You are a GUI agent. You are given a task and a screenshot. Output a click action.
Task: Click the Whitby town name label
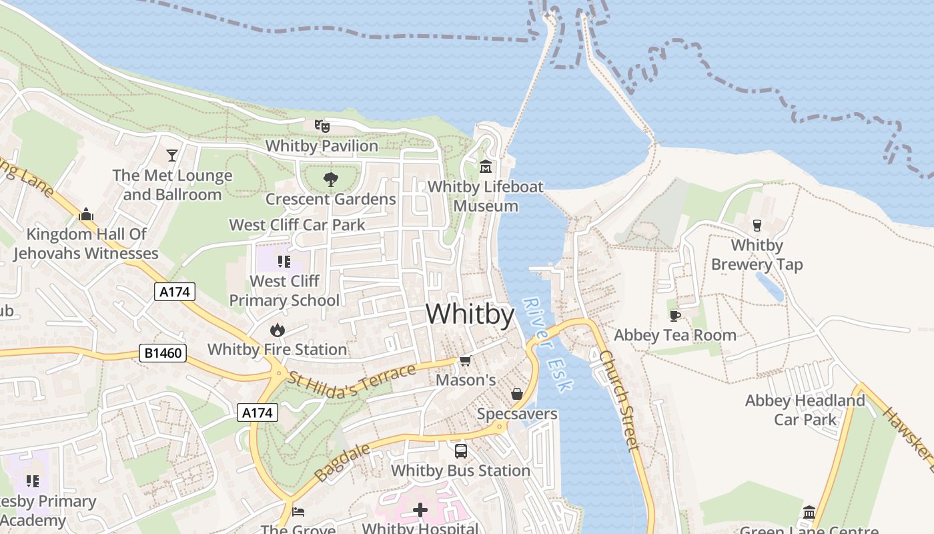tap(470, 314)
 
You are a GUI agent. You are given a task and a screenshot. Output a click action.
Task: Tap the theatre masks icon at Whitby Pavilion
tap(322, 125)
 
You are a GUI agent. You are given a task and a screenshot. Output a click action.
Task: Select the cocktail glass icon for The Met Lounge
tap(172, 155)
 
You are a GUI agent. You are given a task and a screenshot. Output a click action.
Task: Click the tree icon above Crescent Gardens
tap(330, 179)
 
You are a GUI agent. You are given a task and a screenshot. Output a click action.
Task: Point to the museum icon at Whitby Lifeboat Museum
tap(486, 166)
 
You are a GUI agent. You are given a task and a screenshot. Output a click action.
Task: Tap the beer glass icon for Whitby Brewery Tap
tap(757, 225)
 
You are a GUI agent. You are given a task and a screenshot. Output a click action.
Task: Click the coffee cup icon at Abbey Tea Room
tap(674, 315)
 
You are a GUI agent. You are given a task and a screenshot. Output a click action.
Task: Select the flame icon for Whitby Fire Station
tap(277, 330)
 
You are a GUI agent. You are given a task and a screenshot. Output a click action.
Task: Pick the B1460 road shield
tap(162, 352)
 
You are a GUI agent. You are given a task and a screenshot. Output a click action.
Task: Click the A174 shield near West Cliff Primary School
tap(175, 291)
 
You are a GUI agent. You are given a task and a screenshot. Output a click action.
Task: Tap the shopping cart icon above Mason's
tap(465, 360)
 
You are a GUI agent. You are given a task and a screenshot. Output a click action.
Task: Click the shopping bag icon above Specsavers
tap(516, 394)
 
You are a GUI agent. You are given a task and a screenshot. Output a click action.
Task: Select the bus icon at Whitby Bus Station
tap(460, 451)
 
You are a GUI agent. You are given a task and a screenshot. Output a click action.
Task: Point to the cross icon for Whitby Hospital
tap(420, 511)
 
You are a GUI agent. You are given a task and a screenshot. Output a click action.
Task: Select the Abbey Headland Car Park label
tap(805, 410)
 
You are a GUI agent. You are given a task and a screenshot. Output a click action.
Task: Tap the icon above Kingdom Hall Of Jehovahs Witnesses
tap(85, 215)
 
